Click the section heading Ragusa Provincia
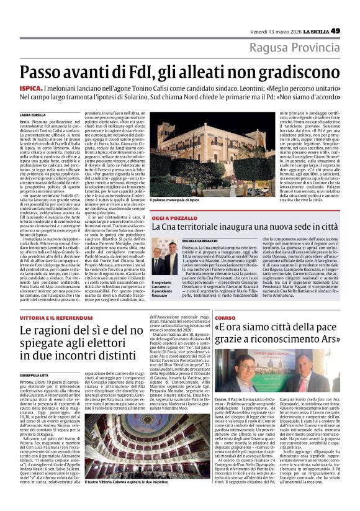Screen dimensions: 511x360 [303, 47]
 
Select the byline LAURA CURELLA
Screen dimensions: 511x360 [33, 115]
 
